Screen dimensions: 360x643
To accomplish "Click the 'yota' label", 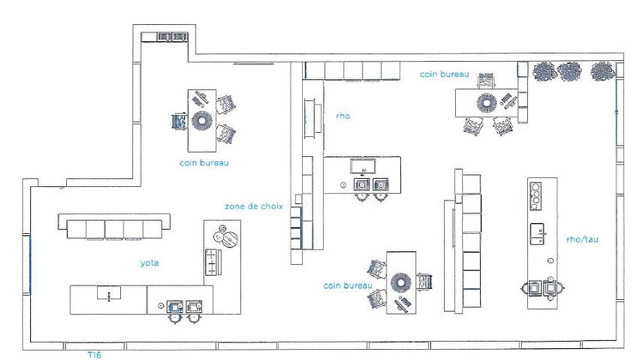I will pyautogui.click(x=151, y=264).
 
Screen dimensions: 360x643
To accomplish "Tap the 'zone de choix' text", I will pyautogui.click(x=253, y=206).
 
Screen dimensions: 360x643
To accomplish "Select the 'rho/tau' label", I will pyautogui.click(x=582, y=239).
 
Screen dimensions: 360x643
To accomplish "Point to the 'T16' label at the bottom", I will pyautogui.click(x=96, y=353).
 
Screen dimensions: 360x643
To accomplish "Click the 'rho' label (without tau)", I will pyautogui.click(x=342, y=116).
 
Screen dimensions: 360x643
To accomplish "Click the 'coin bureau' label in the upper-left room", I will pyautogui.click(x=203, y=161).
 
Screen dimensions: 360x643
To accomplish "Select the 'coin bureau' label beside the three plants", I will pyautogui.click(x=444, y=75).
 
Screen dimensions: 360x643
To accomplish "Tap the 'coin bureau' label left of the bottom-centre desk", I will pyautogui.click(x=347, y=284).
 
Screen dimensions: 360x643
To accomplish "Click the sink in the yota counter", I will pyautogui.click(x=110, y=294).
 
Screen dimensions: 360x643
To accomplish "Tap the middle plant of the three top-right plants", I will pyautogui.click(x=569, y=69).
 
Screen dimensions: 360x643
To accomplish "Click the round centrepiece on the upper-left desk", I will pyautogui.click(x=203, y=120).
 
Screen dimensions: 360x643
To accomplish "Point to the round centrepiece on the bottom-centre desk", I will pyautogui.click(x=401, y=282).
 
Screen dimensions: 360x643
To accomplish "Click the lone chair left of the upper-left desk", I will pyautogui.click(x=180, y=121).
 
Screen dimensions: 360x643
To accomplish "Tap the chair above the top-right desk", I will pyautogui.click(x=486, y=81).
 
